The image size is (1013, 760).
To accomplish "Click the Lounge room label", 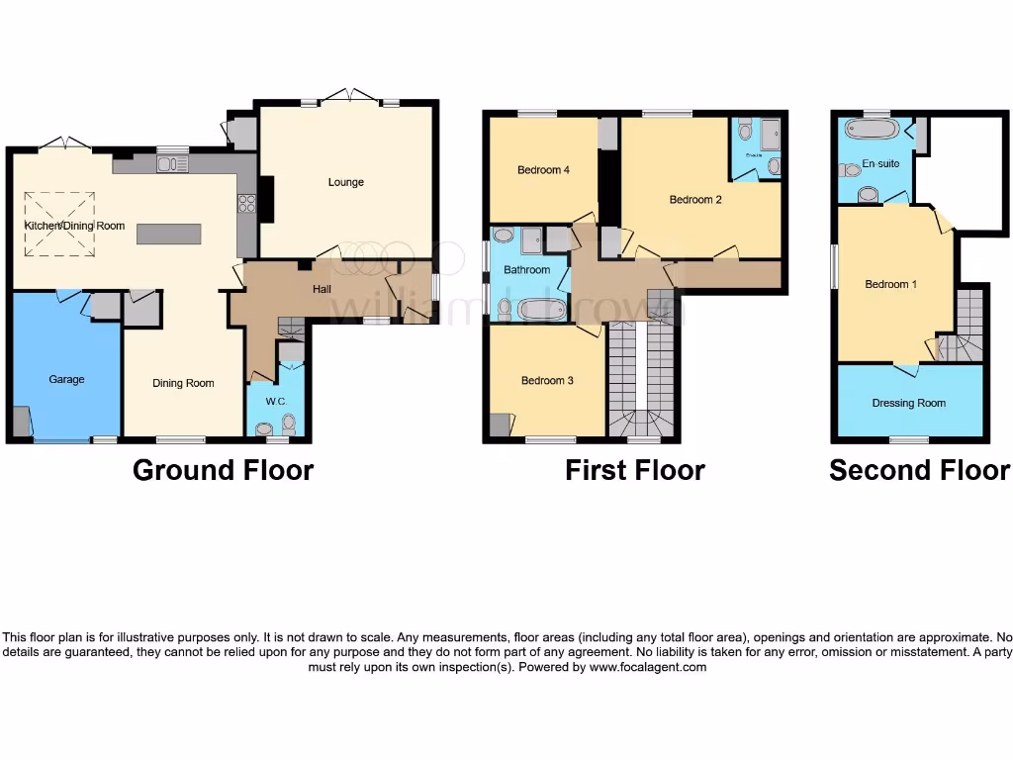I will point(346,182).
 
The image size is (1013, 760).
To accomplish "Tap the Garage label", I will point(67,379).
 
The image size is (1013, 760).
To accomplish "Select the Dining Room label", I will point(183,383).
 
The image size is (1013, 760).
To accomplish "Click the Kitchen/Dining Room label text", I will point(75,226).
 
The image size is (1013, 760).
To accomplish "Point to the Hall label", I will point(322,289).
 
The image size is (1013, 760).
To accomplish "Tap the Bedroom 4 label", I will point(543,170).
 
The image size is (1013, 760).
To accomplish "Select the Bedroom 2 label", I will point(695,200).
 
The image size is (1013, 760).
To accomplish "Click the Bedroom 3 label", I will point(547,380).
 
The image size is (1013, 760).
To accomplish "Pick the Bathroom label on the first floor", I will point(526,269).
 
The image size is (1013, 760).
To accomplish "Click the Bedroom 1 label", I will point(890,284).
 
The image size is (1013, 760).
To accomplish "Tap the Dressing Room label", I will point(908,403).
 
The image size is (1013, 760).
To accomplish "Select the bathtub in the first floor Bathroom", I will point(541,310).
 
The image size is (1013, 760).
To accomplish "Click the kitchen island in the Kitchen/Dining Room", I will point(168,235).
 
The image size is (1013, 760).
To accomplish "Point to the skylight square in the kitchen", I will point(59,225).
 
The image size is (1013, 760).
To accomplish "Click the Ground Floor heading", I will point(223,470).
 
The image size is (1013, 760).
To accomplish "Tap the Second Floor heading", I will point(920,470).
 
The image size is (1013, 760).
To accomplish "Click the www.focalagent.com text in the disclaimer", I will point(649,667).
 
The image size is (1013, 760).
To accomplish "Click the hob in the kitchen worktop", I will point(247,205).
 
